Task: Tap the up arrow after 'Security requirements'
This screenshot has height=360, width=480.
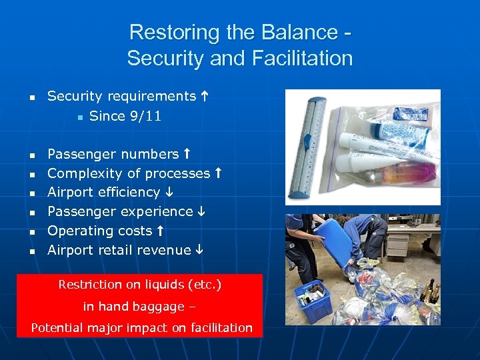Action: (204, 97)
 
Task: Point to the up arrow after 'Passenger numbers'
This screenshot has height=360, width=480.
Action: (187, 154)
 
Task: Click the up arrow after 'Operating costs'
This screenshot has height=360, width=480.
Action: (160, 231)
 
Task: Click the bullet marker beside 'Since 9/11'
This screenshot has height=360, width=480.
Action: (79, 117)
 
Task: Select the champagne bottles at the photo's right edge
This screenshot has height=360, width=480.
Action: (431, 291)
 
